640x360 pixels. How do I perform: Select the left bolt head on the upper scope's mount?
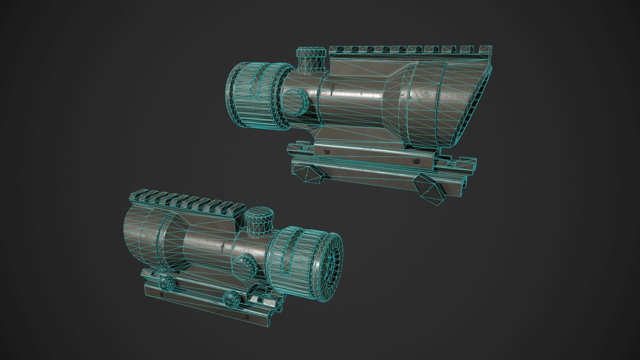(327, 151)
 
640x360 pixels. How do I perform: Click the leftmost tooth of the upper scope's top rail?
(334, 50)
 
